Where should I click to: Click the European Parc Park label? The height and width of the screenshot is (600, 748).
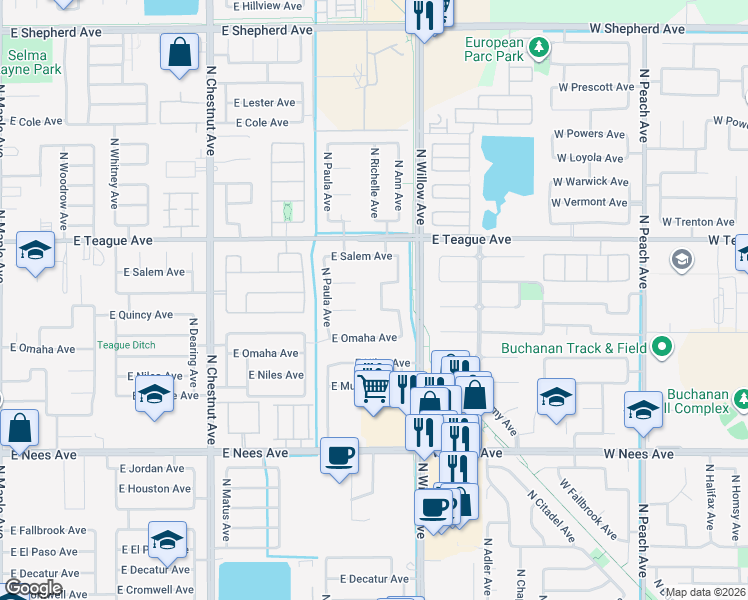[x=494, y=50]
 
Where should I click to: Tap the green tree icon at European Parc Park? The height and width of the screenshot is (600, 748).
[x=539, y=46]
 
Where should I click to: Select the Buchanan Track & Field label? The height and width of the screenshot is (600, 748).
[x=583, y=349]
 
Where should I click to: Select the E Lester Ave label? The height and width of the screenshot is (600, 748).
[x=264, y=103]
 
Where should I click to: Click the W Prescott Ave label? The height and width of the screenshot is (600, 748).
[x=596, y=87]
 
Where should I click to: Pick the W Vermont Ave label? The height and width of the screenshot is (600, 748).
[x=590, y=202]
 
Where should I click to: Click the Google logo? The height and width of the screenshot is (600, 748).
[x=34, y=588]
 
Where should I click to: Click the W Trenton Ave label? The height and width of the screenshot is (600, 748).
[x=697, y=222]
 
